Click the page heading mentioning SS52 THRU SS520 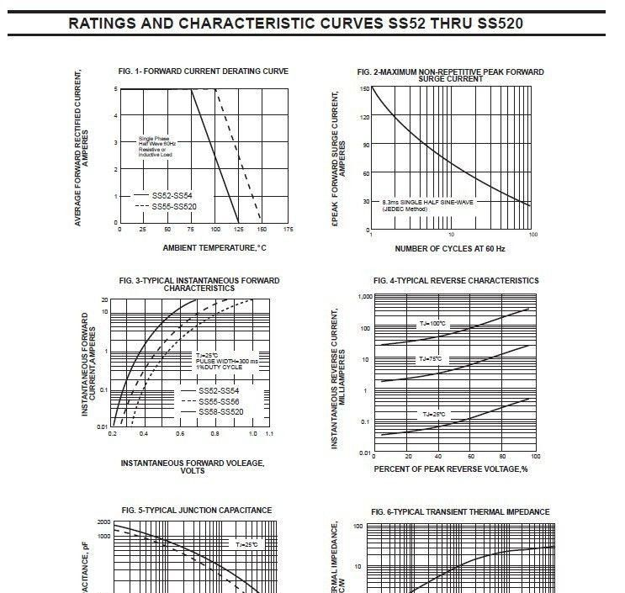pyautogui.click(x=296, y=23)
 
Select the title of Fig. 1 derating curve pyautogui.click(x=204, y=71)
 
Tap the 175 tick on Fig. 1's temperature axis pyautogui.click(x=288, y=229)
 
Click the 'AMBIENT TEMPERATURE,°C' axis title pyautogui.click(x=214, y=247)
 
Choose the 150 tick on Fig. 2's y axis pyautogui.click(x=364, y=88)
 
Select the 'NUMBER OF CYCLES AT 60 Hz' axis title pyautogui.click(x=450, y=248)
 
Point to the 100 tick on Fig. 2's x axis pyautogui.click(x=532, y=234)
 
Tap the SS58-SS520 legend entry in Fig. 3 pyautogui.click(x=221, y=412)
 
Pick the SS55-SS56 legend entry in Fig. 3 pyautogui.click(x=219, y=401)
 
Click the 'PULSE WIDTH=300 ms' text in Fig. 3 pyautogui.click(x=227, y=361)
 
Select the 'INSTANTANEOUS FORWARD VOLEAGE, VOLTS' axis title pyautogui.click(x=193, y=466)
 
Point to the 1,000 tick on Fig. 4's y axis pyautogui.click(x=364, y=297)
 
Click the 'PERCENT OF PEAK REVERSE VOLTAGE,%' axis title pyautogui.click(x=450, y=468)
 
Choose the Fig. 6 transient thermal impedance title pyautogui.click(x=460, y=511)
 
